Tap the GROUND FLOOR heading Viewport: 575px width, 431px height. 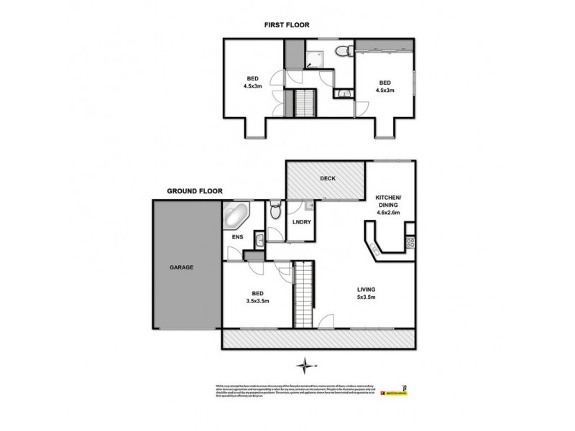tap(195, 192)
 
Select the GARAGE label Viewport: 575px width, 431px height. tap(183, 267)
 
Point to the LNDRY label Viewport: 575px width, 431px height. tap(300, 223)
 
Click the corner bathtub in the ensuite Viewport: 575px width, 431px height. tap(236, 215)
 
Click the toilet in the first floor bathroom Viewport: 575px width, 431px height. tap(346, 50)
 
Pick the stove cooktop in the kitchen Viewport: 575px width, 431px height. tap(410, 243)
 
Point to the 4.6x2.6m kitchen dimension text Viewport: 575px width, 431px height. tap(388, 212)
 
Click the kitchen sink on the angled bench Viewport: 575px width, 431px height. tap(375, 249)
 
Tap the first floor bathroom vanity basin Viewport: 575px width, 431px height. tap(344, 93)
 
